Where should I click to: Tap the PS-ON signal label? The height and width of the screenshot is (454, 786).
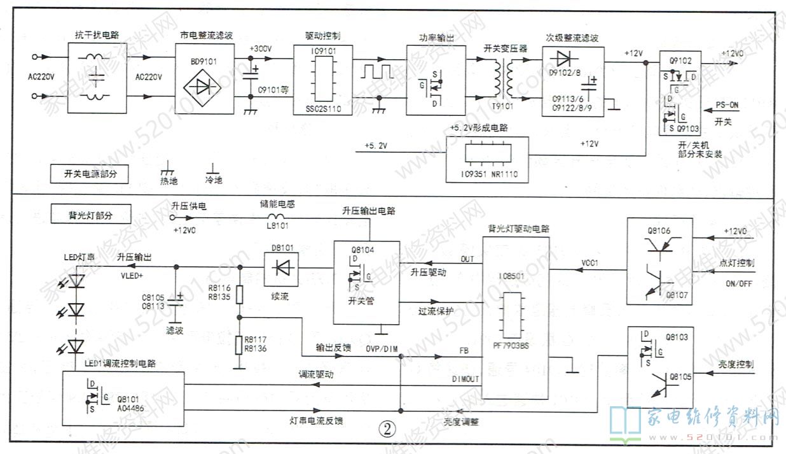[x=726, y=104]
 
